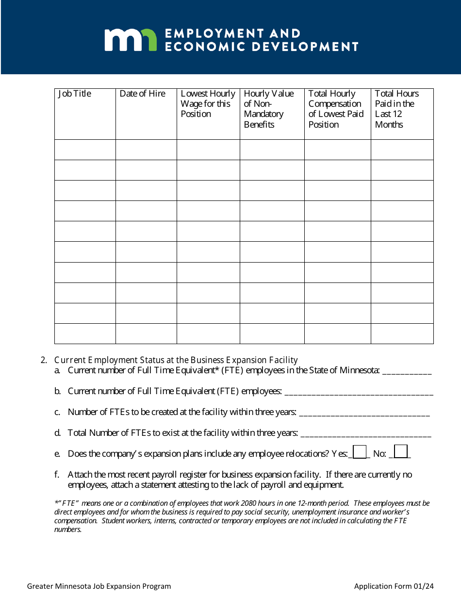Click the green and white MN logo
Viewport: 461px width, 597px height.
[x=131, y=40]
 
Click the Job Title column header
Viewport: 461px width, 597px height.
[x=75, y=94]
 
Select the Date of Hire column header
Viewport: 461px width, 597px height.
[x=143, y=94]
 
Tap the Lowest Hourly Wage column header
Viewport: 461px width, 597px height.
[x=208, y=103]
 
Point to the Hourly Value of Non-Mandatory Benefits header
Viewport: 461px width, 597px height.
[x=269, y=109]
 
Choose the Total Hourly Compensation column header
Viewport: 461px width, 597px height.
[x=336, y=109]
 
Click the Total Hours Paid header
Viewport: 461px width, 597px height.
[x=396, y=109]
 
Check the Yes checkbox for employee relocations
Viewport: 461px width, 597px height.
[x=360, y=452]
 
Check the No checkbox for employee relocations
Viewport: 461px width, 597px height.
[x=401, y=452]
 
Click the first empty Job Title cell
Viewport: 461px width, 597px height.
[x=85, y=149]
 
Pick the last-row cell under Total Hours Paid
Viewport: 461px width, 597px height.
[x=402, y=333]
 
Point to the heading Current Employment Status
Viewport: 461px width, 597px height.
[x=176, y=360]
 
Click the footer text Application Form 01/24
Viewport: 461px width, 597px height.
[x=394, y=586]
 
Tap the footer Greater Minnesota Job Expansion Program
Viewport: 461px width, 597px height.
[x=99, y=586]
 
